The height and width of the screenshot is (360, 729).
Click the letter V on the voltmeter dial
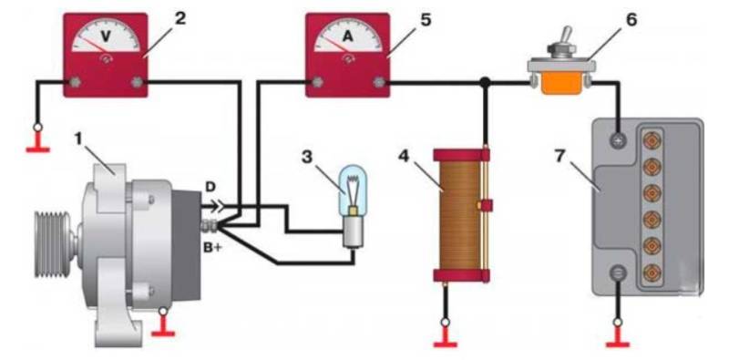(106, 36)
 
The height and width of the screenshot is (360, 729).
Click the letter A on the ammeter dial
(348, 36)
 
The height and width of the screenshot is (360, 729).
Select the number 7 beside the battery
(560, 156)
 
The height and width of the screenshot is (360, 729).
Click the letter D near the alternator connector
(211, 188)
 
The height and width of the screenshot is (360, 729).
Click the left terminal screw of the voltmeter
(75, 83)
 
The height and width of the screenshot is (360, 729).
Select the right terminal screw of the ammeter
(378, 83)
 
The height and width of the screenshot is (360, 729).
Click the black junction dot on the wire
(485, 83)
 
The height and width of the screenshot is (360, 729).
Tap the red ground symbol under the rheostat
(445, 338)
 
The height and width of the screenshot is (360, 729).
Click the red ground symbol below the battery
(618, 338)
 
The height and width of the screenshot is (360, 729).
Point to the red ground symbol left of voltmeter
(38, 143)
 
